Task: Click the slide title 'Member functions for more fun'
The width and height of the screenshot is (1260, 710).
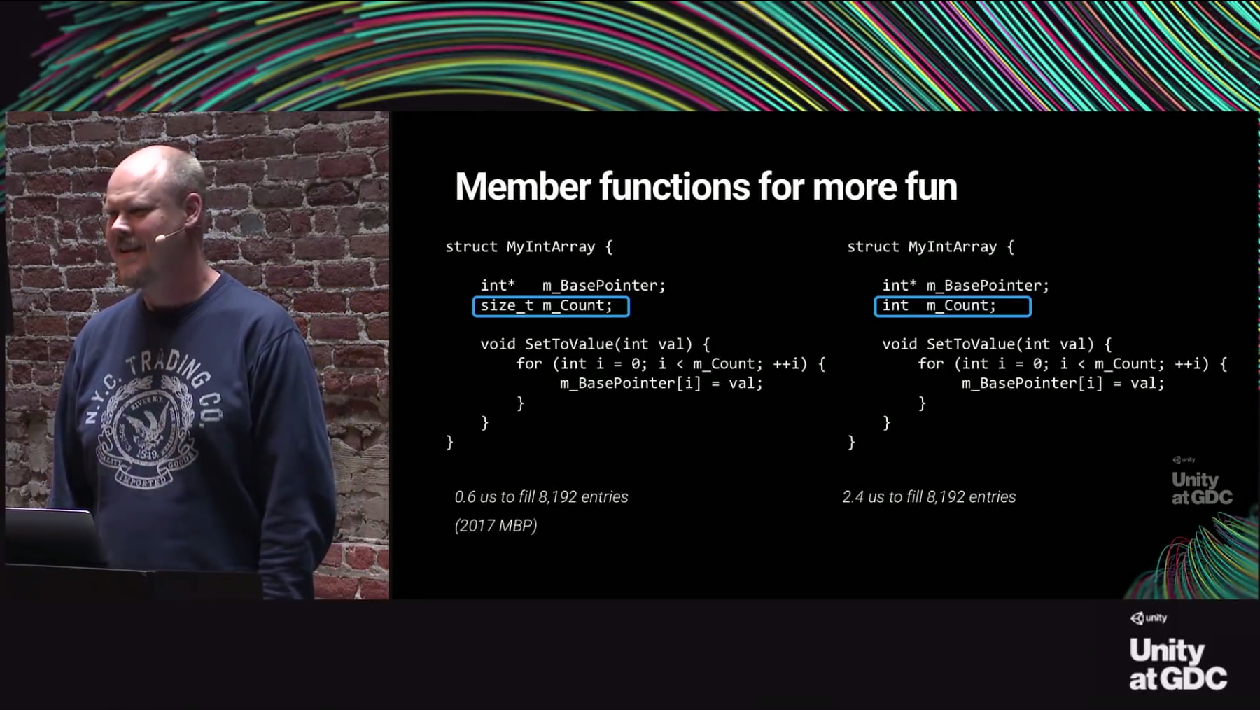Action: pos(706,187)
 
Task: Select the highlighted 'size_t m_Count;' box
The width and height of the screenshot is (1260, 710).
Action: pos(551,306)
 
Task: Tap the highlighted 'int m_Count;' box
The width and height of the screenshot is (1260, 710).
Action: pos(952,306)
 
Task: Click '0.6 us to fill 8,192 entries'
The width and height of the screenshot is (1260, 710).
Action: pos(541,496)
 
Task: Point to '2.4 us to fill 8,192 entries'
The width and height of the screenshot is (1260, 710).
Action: pos(929,496)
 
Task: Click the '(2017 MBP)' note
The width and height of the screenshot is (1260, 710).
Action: pos(496,525)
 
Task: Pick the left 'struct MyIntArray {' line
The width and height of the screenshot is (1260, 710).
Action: pos(528,246)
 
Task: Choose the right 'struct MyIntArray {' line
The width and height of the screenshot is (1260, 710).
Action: pos(930,246)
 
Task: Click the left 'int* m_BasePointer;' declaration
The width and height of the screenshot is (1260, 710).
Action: pos(573,285)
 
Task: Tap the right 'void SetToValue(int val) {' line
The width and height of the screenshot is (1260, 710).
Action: pos(996,344)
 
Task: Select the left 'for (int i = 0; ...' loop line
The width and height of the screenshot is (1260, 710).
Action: pos(671,363)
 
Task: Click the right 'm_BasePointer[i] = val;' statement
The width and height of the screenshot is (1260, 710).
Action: pos(1063,383)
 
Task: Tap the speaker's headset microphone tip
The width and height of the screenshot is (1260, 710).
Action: pos(160,238)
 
